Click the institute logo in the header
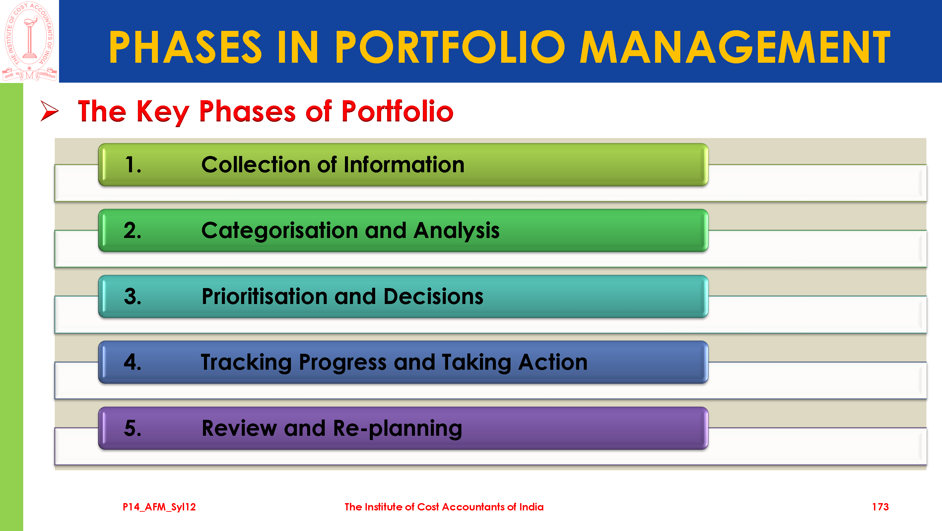pos(30,41)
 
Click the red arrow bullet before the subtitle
pos(49,111)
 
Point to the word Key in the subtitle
pos(163,112)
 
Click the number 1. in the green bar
pos(133,165)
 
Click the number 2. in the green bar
pos(132,231)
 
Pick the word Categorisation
pos(280,231)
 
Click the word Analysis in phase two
pos(456,231)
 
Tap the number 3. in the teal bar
pos(133,296)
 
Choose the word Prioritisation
pos(265,296)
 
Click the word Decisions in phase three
pos(433,296)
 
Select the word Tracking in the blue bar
pos(246,363)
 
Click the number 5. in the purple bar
pos(133,428)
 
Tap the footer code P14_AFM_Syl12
pos(159,507)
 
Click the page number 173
pos(880,507)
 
